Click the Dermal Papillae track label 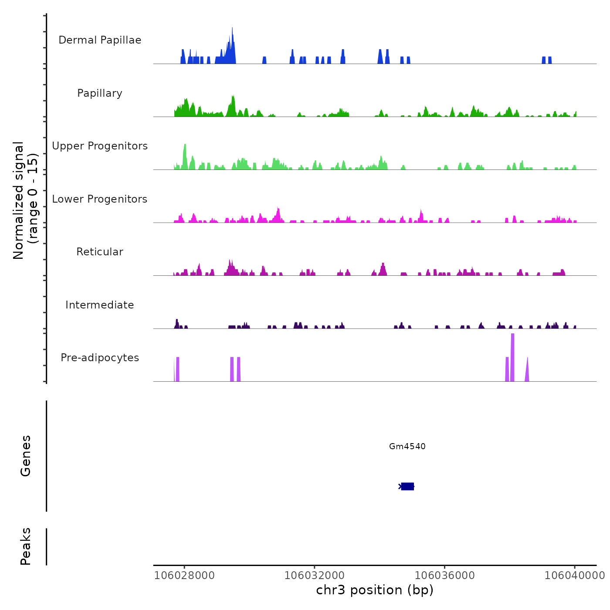(x=100, y=40)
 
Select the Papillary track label (x=100, y=93)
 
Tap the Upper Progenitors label (x=100, y=146)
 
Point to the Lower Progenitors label (x=100, y=199)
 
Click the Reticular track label (x=100, y=252)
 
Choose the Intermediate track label (x=100, y=305)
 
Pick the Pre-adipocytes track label (x=100, y=358)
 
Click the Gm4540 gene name (x=407, y=446)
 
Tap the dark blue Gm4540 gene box (x=407, y=486)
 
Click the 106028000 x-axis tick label (x=185, y=575)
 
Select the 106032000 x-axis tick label (x=315, y=575)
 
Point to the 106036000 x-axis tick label (x=444, y=575)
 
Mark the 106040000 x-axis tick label (x=574, y=575)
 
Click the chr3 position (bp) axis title (x=375, y=590)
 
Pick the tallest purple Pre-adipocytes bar (x=512, y=357)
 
